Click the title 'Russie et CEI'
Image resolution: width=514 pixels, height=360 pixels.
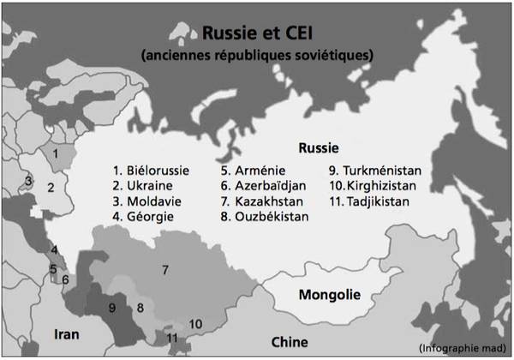pos(256,33)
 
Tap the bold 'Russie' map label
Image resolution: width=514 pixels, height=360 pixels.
pos(318,147)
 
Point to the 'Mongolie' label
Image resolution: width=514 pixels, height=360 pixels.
pos(329,296)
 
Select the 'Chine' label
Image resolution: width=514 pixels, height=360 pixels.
pos(289,342)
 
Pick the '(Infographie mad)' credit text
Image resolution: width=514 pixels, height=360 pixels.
pos(463,346)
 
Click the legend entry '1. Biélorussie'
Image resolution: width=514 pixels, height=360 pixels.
pos(151,170)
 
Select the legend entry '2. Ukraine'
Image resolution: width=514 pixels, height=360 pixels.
pos(143,185)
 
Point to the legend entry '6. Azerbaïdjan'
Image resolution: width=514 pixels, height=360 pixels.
pos(262,185)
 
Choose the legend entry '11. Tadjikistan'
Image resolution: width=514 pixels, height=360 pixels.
pos(372,201)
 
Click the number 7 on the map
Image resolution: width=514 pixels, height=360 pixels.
pos(165,270)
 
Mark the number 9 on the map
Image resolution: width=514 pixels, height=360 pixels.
pos(111,308)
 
